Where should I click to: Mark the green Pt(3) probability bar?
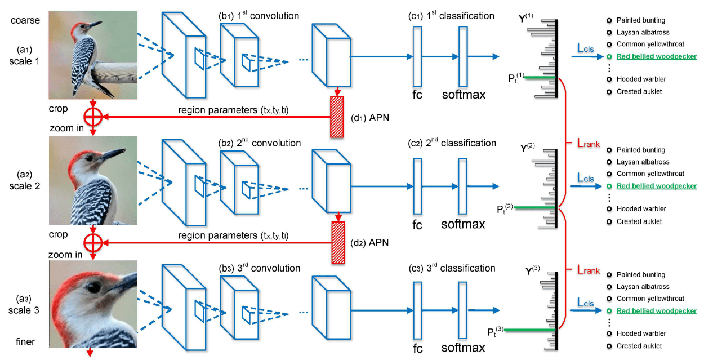pyautogui.click(x=529, y=330)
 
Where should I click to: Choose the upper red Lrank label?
pyautogui.click(x=587, y=144)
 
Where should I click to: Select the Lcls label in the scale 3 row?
pyautogui.click(x=585, y=303)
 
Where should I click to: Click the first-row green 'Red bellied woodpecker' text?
pyautogui.click(x=656, y=56)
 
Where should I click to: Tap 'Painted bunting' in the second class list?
pyautogui.click(x=640, y=150)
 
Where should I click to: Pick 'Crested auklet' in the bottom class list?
pyautogui.click(x=639, y=346)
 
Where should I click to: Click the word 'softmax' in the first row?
pyautogui.click(x=463, y=94)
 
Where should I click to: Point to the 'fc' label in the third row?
pyautogui.click(x=417, y=349)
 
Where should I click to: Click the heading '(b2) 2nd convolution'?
pyautogui.click(x=260, y=143)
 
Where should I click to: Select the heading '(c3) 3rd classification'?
pyautogui.click(x=452, y=268)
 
